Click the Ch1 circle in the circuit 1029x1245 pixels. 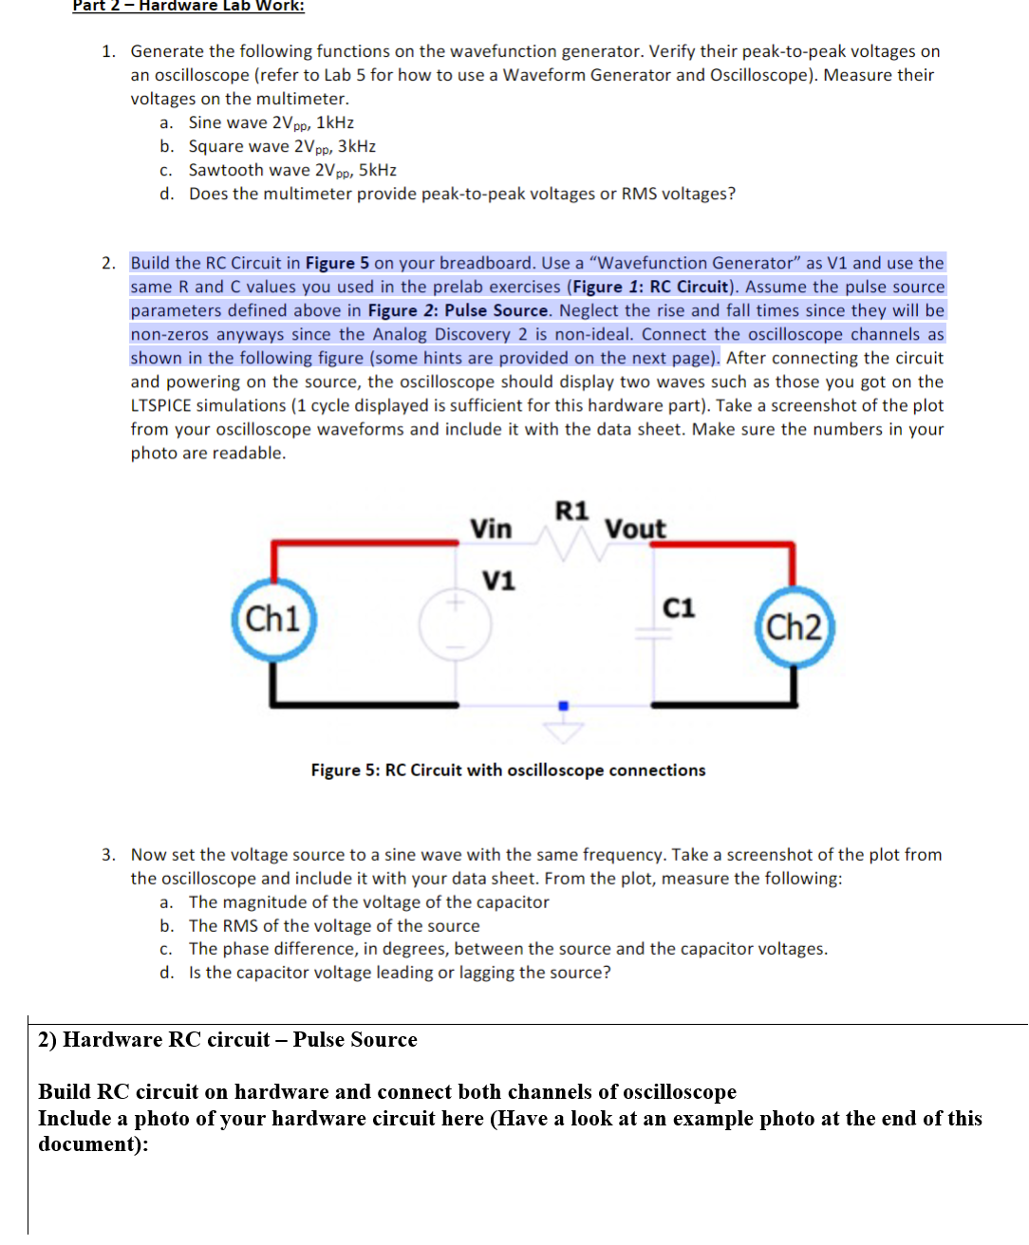(273, 620)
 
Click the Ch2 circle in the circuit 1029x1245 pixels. (795, 627)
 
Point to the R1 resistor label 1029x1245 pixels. (571, 511)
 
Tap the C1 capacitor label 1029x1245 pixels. (678, 607)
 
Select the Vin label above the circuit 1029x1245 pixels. (491, 529)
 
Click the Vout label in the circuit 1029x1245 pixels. (635, 529)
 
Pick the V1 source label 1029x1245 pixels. (498, 580)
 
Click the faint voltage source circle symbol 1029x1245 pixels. (456, 624)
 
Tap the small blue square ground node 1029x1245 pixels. (563, 705)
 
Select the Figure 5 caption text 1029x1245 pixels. (508, 770)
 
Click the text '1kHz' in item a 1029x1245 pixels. (335, 122)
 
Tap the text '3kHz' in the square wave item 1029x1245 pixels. (357, 146)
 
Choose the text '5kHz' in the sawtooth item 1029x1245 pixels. (378, 170)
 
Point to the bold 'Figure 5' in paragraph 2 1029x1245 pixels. (337, 263)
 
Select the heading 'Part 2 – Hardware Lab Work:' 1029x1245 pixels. (188, 7)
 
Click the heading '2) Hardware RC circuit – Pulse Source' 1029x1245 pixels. (228, 1039)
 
